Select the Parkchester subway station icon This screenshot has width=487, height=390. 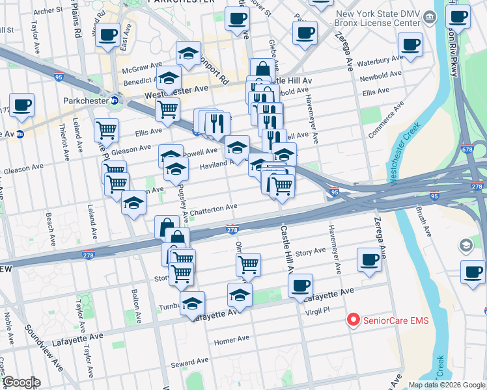114,101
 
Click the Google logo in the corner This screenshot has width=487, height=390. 21,382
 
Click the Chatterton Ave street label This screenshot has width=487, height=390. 214,207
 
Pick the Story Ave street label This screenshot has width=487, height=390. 310,251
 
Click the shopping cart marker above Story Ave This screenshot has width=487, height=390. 248,264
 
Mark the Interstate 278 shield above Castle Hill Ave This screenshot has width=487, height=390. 232,229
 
